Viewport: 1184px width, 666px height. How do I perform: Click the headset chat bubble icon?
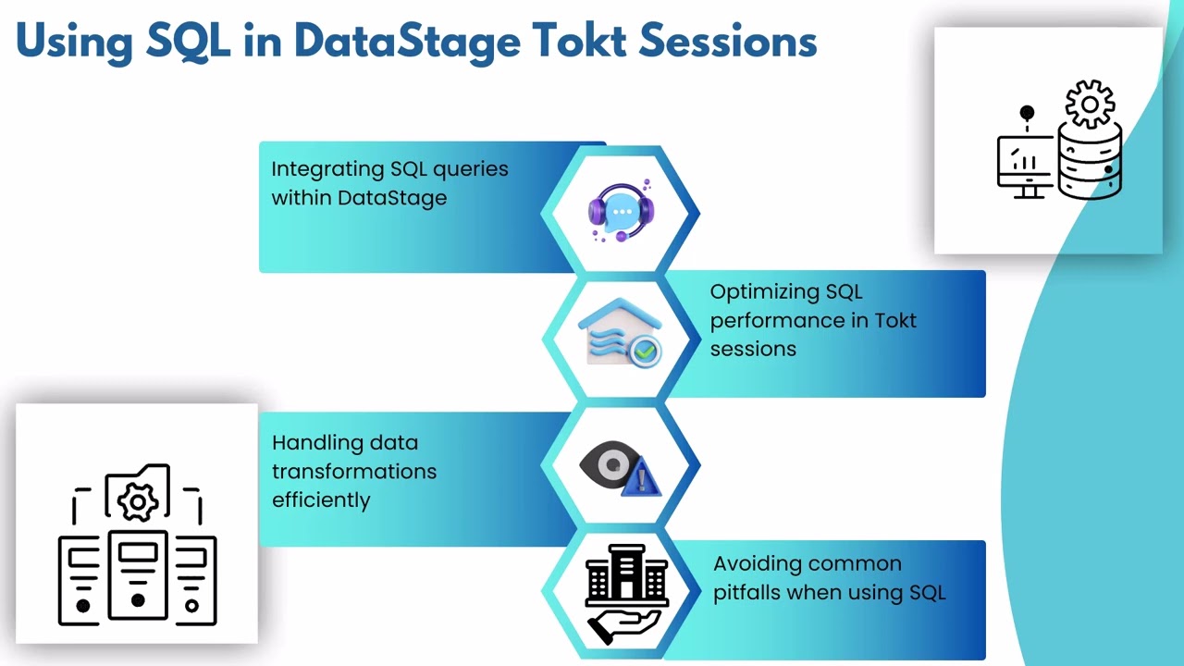click(x=621, y=212)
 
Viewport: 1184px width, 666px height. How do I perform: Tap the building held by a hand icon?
click(x=625, y=592)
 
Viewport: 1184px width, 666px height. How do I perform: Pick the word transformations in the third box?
click(x=354, y=471)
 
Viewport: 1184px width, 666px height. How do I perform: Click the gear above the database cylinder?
click(x=1089, y=104)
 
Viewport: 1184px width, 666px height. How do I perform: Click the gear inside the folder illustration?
click(x=138, y=501)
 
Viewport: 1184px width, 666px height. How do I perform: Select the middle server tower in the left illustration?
click(x=138, y=575)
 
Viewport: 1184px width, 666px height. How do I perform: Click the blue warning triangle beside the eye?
click(x=643, y=479)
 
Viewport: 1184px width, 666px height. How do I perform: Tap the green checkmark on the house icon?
click(x=645, y=351)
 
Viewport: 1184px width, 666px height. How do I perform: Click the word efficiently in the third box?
click(x=321, y=499)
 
